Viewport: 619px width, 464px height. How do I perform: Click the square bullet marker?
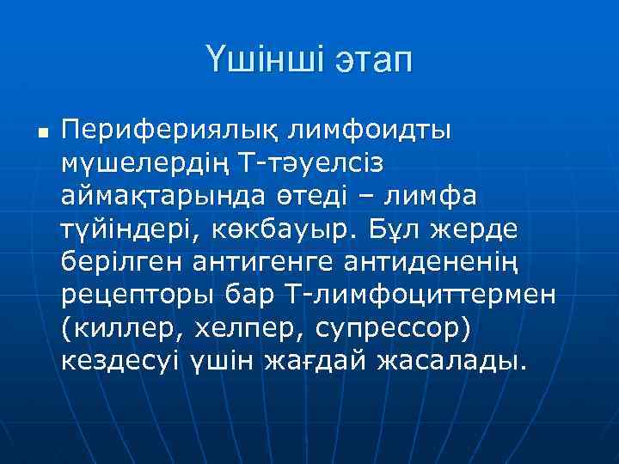(42, 134)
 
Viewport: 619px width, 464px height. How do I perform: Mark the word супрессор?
(387, 330)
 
